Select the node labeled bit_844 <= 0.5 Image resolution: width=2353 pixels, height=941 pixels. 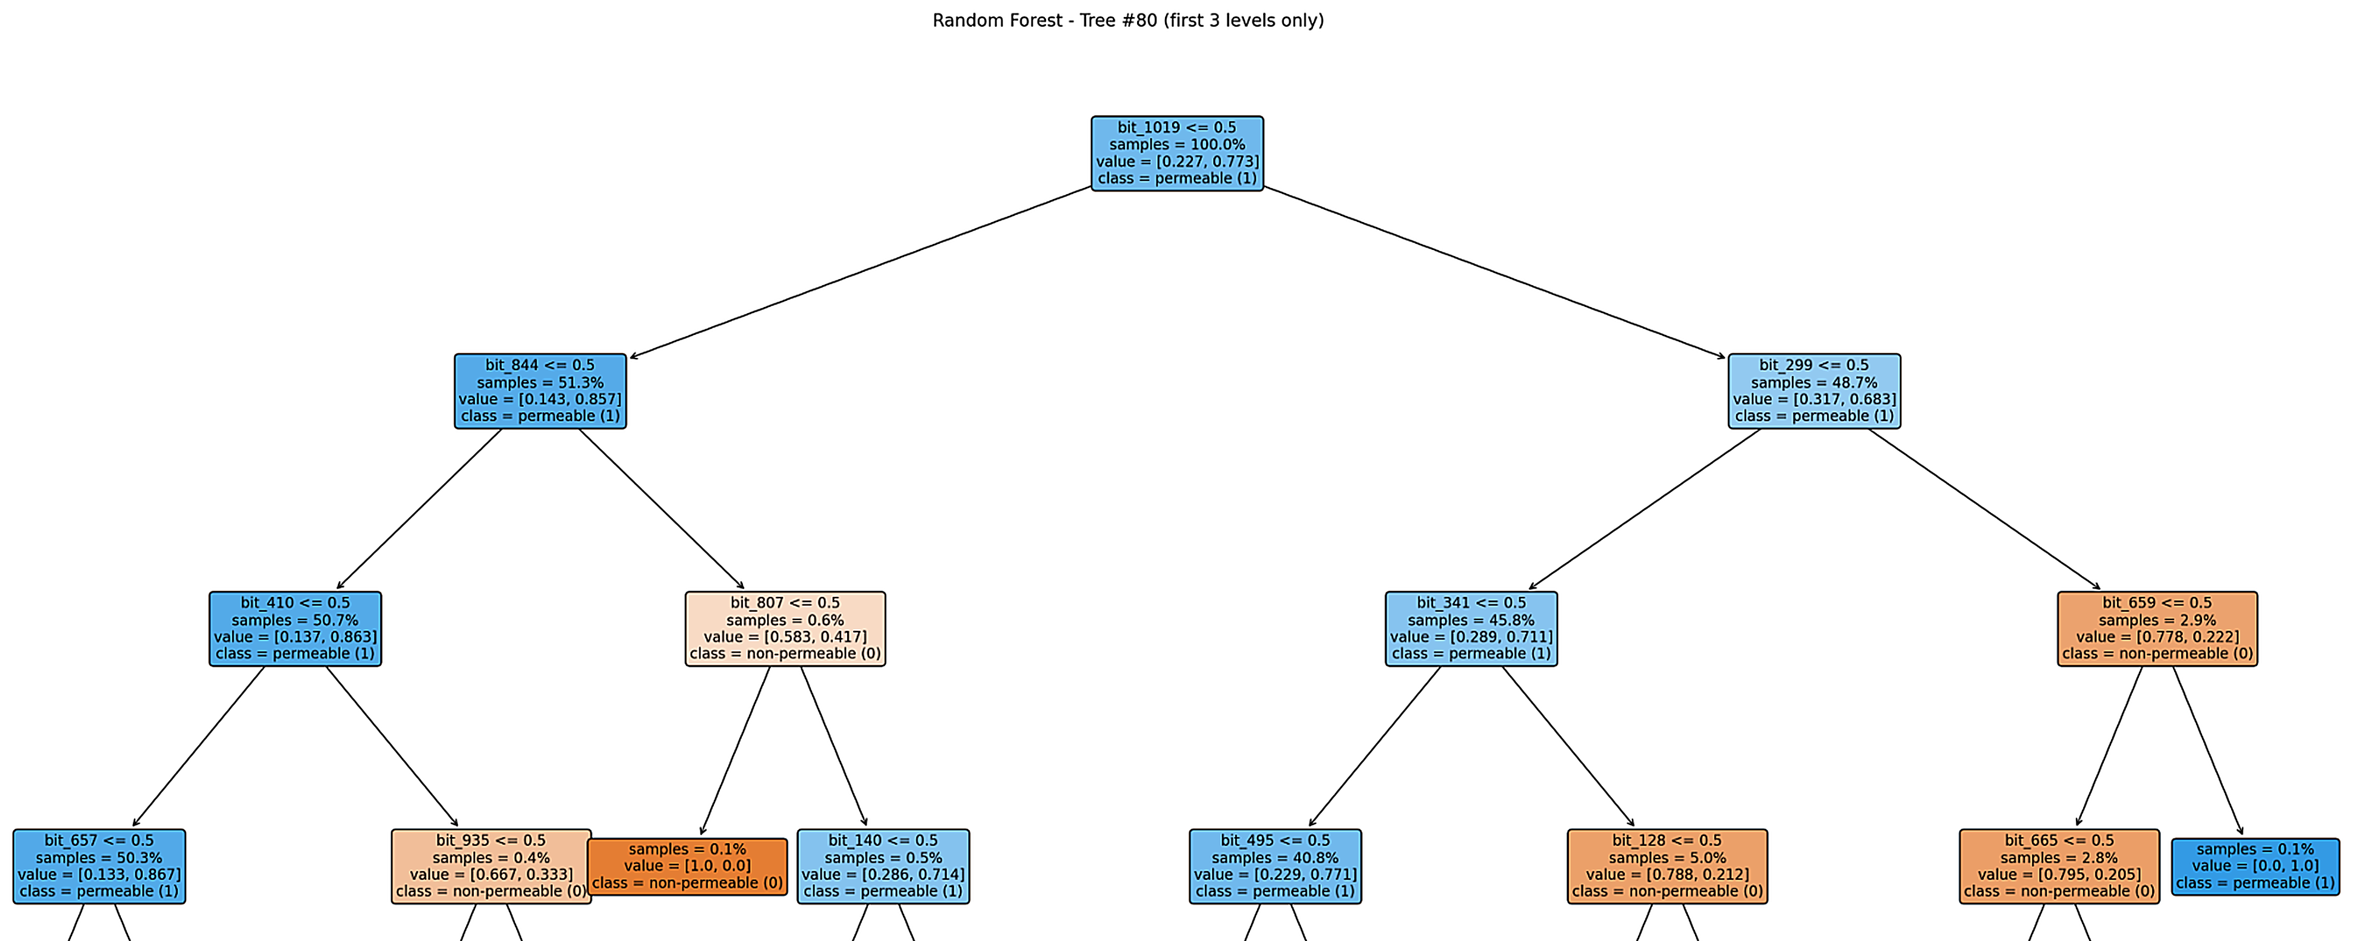[540, 391]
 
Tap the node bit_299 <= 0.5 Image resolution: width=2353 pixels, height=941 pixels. [1814, 391]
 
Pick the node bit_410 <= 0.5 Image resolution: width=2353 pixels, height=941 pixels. [295, 629]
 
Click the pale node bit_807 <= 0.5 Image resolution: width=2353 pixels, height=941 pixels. [785, 629]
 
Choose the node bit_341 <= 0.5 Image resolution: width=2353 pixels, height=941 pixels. [1471, 629]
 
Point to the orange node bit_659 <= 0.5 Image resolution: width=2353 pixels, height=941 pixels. [2157, 629]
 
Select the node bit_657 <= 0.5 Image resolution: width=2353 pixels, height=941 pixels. [99, 866]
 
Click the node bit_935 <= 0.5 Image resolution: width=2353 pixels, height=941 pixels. [491, 866]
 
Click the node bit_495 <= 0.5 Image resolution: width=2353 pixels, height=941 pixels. [1275, 866]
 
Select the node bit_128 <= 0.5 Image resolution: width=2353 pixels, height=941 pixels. [1667, 866]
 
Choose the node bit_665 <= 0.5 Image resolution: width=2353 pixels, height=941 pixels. [2059, 866]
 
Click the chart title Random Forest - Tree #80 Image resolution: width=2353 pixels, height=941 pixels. [1127, 20]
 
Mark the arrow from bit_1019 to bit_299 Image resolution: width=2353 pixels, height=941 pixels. [1494, 272]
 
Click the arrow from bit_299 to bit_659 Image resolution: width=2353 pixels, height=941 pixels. [1984, 509]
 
